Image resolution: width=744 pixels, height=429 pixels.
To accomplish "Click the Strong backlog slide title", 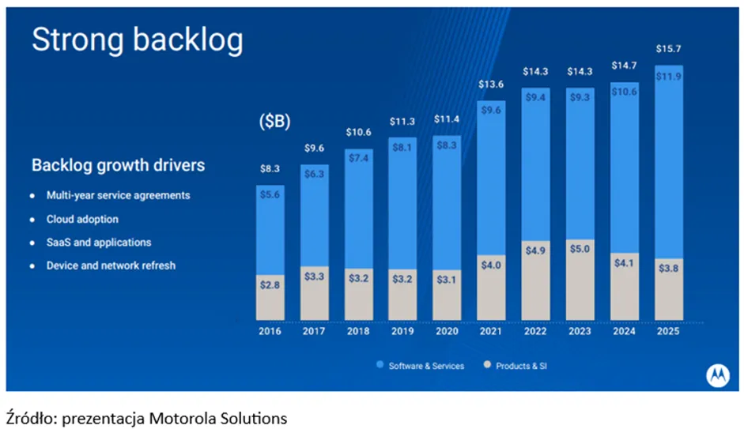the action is coord(137,40).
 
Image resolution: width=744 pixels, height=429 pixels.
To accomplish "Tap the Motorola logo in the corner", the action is coord(717,376).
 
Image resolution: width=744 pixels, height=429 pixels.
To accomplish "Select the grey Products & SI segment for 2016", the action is coord(270,297).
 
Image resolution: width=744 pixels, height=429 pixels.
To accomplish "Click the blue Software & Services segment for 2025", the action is coord(669,162).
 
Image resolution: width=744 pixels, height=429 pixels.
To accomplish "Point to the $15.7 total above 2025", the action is coord(669,49).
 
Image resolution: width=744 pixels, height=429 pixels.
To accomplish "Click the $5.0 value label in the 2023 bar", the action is coord(580,249).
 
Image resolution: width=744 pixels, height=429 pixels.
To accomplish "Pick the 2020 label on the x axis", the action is coord(447,331).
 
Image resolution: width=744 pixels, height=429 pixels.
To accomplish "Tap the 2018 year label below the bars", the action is coord(358,331).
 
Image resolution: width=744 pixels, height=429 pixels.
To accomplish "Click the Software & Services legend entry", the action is coord(421,366).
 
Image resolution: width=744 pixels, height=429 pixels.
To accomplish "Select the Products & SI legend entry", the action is coord(516,366).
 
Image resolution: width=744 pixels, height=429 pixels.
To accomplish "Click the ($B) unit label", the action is coord(274,122).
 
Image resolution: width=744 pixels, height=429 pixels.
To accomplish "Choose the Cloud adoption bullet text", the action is coord(82,219).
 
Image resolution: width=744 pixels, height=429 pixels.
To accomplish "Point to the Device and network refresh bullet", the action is coord(111,265).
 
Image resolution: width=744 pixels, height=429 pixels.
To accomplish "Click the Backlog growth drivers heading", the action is coord(118,165).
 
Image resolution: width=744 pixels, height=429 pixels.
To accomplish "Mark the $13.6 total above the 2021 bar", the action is coord(491,85).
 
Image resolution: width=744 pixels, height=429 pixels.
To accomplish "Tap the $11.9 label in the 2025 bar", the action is coord(669,77).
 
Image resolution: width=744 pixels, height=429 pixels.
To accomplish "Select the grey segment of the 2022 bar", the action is coord(536,280).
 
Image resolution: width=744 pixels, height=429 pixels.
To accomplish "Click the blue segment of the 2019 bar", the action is coord(402,203).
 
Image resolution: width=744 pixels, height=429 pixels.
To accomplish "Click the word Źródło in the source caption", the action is coord(32,418).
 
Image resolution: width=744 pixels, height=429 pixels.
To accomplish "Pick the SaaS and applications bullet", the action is coord(99,243).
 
